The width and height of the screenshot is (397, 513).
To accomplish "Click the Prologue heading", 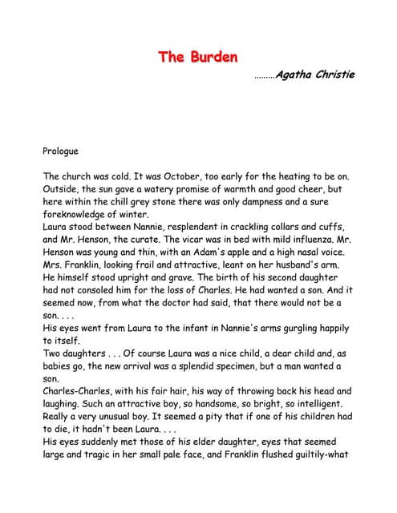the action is click(x=61, y=150).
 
